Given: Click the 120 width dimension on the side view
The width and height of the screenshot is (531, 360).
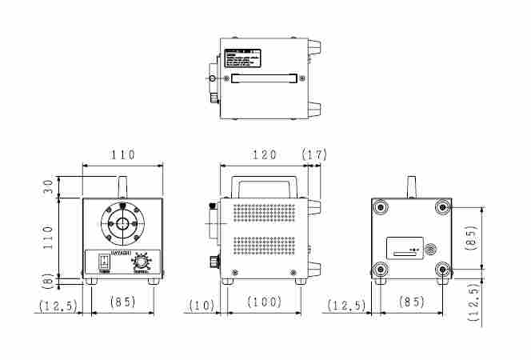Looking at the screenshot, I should [264, 154].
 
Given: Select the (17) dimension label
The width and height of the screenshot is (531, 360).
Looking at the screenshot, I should [313, 154].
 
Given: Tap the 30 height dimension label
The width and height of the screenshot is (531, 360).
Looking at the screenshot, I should [49, 186].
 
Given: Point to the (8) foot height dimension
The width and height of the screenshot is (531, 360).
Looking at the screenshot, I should [49, 281].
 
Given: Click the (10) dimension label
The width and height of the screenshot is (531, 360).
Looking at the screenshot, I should [202, 305].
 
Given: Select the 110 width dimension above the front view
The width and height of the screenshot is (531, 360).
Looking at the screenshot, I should [122, 154].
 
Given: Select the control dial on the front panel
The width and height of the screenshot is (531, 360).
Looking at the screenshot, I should [142, 262].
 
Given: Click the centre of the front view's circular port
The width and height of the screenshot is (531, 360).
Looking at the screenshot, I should [122, 225].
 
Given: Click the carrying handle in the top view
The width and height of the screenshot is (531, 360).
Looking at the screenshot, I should [264, 78].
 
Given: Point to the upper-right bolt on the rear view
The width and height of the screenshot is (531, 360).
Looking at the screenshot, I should [441, 208].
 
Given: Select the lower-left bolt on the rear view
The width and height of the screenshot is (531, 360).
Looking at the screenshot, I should [380, 269].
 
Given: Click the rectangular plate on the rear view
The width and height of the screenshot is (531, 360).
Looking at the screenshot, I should [405, 248].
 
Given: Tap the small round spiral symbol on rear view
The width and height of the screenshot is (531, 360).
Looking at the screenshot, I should [433, 249].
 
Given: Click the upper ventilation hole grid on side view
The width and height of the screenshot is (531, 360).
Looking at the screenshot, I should [264, 214].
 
